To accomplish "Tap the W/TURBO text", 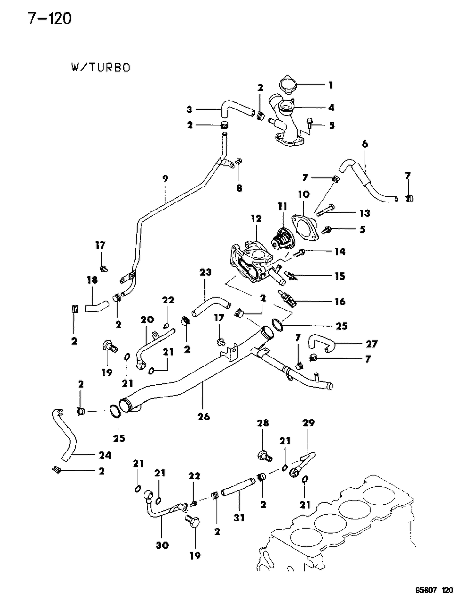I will coord(100,68).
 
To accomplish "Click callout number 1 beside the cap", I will coord(331,85).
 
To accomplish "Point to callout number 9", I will coord(165,179).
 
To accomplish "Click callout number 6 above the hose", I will coord(364,144).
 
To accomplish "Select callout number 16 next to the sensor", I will coord(340,302).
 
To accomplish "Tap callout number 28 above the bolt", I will coord(262,423).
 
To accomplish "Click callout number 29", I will coord(308,423).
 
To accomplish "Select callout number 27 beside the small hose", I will coord(371,344).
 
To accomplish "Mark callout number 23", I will coord(205,272).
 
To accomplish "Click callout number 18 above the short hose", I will coord(92,280).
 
